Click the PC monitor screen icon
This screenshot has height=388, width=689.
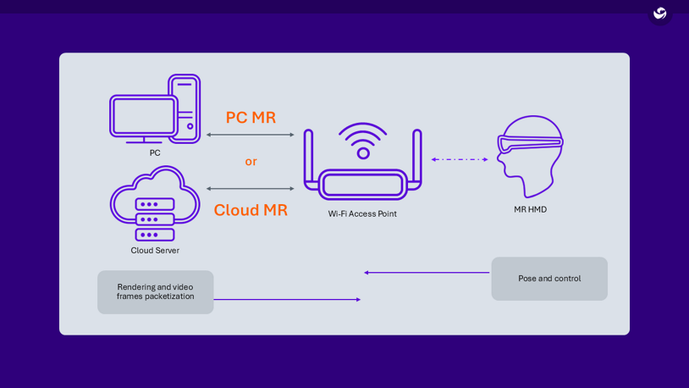pyautogui.click(x=143, y=116)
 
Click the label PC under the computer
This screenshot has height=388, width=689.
pyautogui.click(x=155, y=153)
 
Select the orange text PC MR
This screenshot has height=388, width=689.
pyautogui.click(x=251, y=118)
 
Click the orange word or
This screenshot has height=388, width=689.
pyautogui.click(x=251, y=162)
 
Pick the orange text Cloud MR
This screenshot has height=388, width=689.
pyautogui.click(x=251, y=210)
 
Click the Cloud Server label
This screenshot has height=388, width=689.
pyautogui.click(x=155, y=251)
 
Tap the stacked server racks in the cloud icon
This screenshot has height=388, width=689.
pyautogui.click(x=155, y=219)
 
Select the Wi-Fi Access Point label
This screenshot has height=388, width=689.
pyautogui.click(x=362, y=214)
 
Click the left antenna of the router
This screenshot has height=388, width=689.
pyautogui.click(x=309, y=157)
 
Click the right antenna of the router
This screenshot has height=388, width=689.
pyautogui.click(x=417, y=157)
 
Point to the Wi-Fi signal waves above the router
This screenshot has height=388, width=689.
pyautogui.click(x=363, y=135)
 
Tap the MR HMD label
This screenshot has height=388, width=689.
pyautogui.click(x=530, y=210)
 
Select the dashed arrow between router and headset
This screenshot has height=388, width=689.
pyautogui.click(x=460, y=159)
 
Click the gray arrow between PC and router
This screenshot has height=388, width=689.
pyautogui.click(x=251, y=135)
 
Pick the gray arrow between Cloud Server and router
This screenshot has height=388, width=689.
pyautogui.click(x=251, y=189)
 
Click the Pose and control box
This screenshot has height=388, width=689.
pyautogui.click(x=549, y=279)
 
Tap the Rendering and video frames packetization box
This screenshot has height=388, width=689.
pyautogui.click(x=155, y=292)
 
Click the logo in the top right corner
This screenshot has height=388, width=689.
pyautogui.click(x=660, y=14)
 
